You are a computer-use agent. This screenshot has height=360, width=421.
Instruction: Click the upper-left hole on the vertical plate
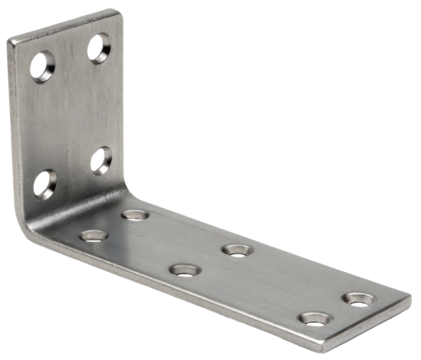click(41, 67)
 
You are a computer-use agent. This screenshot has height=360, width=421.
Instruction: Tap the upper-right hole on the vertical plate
click(99, 47)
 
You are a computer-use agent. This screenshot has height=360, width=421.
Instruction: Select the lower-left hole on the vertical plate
click(44, 183)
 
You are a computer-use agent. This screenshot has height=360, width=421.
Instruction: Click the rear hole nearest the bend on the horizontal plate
click(136, 213)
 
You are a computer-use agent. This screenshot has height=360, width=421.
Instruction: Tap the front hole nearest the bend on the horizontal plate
click(94, 236)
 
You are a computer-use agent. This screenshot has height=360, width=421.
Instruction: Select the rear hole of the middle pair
click(236, 248)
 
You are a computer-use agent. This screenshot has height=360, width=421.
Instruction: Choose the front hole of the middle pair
click(183, 269)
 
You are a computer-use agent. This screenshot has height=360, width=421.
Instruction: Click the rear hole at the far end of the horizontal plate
click(357, 298)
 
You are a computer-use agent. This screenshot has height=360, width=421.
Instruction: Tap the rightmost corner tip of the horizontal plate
click(408, 296)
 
